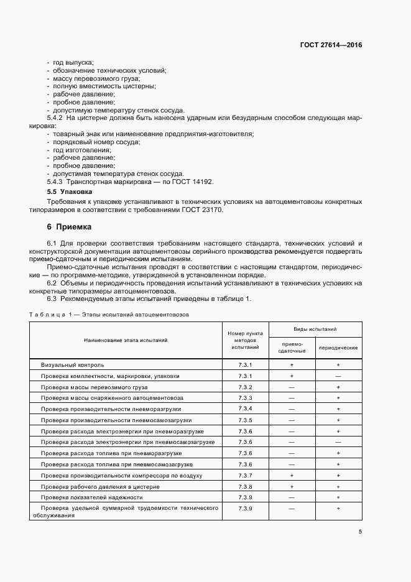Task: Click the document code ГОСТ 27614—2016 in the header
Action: click(331, 45)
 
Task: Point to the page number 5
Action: click(360, 531)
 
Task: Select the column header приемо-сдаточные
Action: click(291, 347)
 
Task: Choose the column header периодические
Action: click(338, 347)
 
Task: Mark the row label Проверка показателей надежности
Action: click(92, 497)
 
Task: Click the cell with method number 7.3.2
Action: click(245, 387)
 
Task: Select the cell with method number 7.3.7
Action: click(245, 475)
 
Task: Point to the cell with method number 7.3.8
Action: click(245, 486)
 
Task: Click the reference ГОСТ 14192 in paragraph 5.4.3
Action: click(190, 182)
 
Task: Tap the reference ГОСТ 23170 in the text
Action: click(200, 210)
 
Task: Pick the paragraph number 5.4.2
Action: click(55, 118)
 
